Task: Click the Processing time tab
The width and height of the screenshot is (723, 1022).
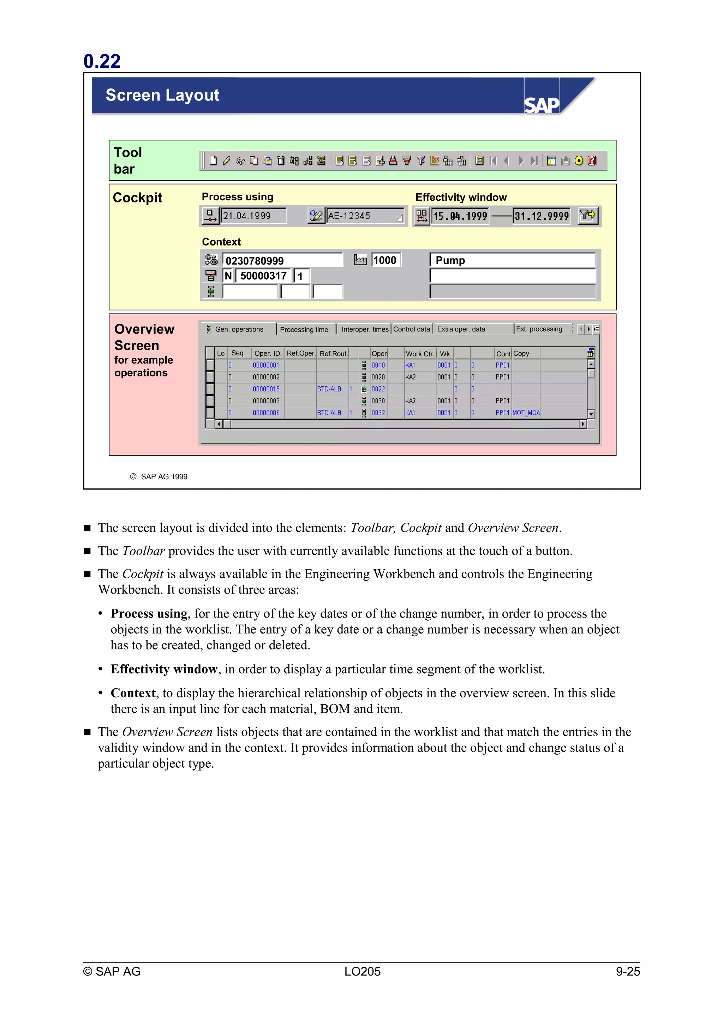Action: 304,329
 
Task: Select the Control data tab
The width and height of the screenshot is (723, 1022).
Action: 411,329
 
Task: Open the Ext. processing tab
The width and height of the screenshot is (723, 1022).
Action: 539,329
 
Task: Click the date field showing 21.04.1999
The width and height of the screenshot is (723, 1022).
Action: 253,216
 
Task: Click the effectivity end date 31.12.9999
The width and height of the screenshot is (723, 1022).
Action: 541,216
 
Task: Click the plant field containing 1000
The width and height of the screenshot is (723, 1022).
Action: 386,260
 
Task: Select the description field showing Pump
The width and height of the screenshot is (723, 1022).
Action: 512,260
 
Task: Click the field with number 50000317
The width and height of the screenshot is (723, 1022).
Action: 263,276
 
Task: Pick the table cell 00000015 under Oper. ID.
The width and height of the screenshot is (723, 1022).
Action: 267,389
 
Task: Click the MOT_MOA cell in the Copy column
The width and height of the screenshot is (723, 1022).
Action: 526,413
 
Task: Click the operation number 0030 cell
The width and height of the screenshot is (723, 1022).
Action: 378,401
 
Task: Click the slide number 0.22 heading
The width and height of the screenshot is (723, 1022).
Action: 102,61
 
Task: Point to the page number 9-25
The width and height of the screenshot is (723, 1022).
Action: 627,971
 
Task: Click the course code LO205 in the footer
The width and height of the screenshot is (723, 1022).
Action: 362,971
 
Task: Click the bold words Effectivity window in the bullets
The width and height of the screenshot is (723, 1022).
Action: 164,669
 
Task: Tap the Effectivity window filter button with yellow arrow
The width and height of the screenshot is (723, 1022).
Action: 587,216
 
